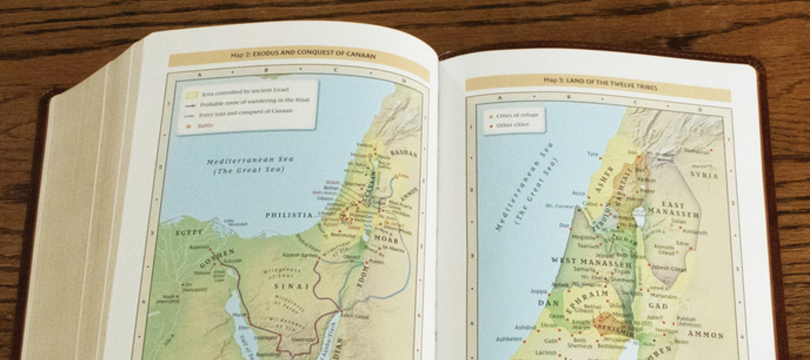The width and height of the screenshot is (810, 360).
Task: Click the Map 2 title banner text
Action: (x=303, y=54)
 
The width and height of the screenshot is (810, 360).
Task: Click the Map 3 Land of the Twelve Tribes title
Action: (x=600, y=83)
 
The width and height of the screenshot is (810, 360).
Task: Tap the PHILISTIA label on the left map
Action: (x=288, y=215)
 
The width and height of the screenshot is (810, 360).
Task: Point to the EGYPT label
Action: (x=189, y=233)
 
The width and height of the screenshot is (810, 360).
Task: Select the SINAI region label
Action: (x=292, y=286)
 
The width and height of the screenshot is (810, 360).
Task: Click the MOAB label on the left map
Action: (x=386, y=238)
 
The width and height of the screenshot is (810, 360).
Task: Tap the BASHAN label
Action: (x=404, y=153)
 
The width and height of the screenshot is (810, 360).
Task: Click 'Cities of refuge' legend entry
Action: (x=517, y=116)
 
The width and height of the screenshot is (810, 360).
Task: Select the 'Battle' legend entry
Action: (x=205, y=126)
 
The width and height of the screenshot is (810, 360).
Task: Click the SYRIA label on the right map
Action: (x=704, y=175)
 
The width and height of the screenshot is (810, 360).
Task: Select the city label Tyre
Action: (x=593, y=154)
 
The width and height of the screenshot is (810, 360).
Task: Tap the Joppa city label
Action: (x=538, y=291)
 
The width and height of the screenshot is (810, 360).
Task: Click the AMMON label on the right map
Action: (x=705, y=334)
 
